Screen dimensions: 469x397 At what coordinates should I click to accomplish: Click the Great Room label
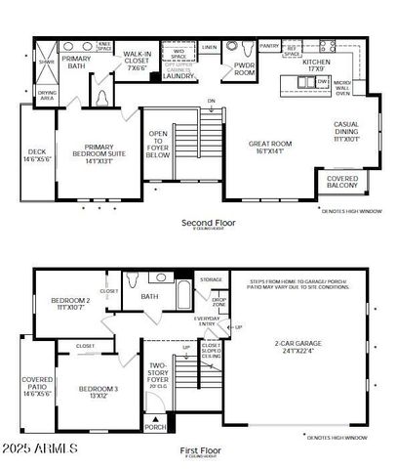point(269,148)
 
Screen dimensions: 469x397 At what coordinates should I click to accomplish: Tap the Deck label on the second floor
point(36,155)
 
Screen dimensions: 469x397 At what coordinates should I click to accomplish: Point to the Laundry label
point(179,75)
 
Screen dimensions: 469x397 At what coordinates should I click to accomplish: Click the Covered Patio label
point(36,387)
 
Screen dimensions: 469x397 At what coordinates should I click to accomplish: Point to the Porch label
point(154,426)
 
